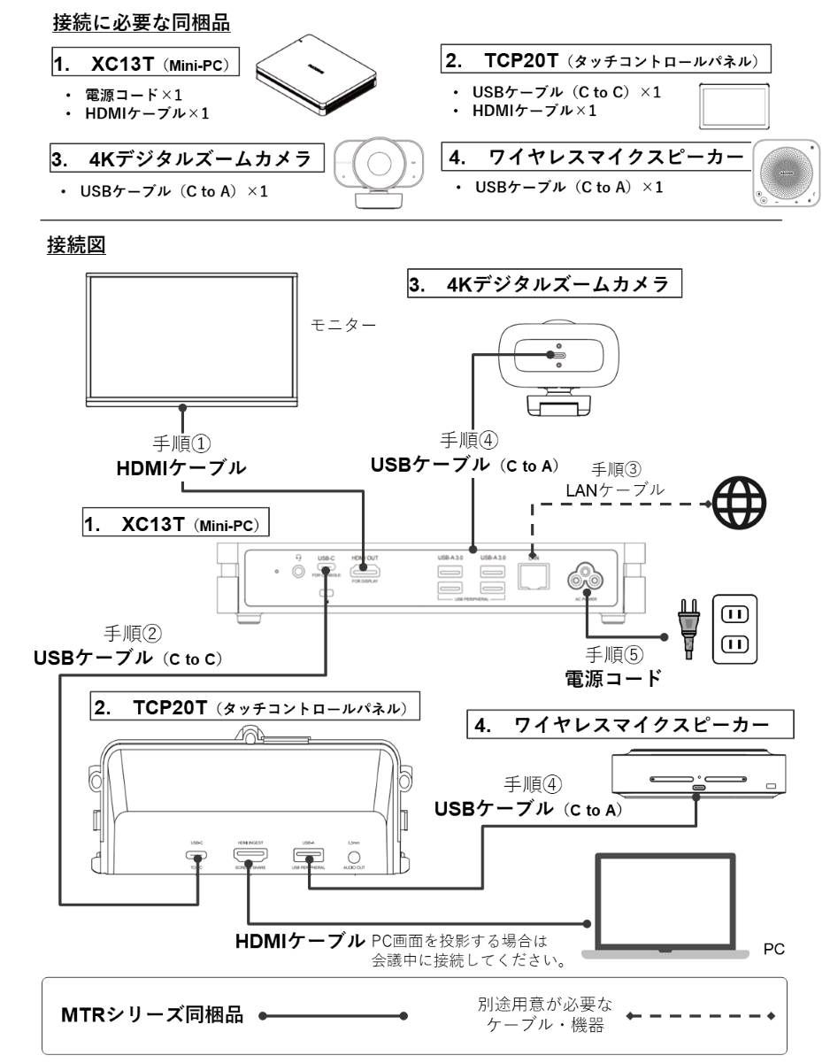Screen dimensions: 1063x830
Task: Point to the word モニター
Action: click(343, 325)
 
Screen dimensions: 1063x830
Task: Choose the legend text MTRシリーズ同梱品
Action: click(153, 1014)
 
